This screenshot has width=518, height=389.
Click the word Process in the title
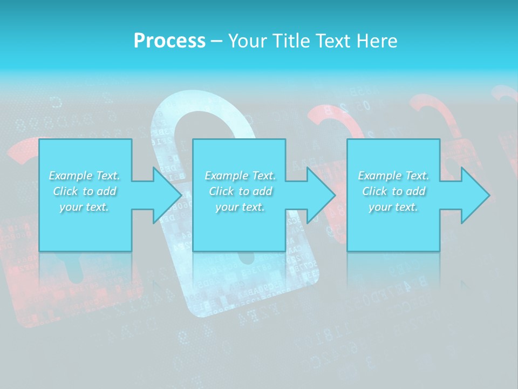click(169, 41)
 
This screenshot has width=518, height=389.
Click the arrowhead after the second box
click(320, 195)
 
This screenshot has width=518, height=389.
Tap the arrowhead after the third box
click(475, 195)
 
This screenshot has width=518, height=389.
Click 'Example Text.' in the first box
click(85, 176)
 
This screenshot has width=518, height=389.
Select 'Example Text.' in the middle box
click(240, 176)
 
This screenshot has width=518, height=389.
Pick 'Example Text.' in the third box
click(393, 176)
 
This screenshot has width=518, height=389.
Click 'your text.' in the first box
click(85, 207)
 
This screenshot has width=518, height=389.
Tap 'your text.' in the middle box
click(240, 207)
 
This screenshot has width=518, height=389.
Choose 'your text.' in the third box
click(393, 207)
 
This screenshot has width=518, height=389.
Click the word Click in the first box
click(65, 191)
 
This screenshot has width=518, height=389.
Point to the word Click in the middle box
click(221, 191)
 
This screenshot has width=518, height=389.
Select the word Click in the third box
click(374, 191)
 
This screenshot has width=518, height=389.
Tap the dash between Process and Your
click(216, 41)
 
